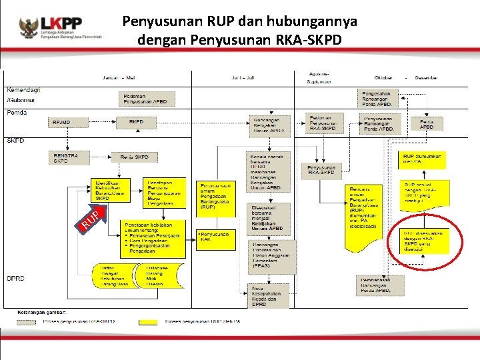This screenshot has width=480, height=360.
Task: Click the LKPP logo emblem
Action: click(28, 27)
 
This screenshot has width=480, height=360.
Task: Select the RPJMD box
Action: click(70, 123)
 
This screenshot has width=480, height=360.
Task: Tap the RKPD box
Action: click(136, 122)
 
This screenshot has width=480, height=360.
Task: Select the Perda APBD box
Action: click(427, 123)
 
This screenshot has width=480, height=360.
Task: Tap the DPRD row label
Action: click(15, 278)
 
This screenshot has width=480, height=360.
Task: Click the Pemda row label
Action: click(17, 113)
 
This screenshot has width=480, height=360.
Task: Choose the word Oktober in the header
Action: click(383, 77)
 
